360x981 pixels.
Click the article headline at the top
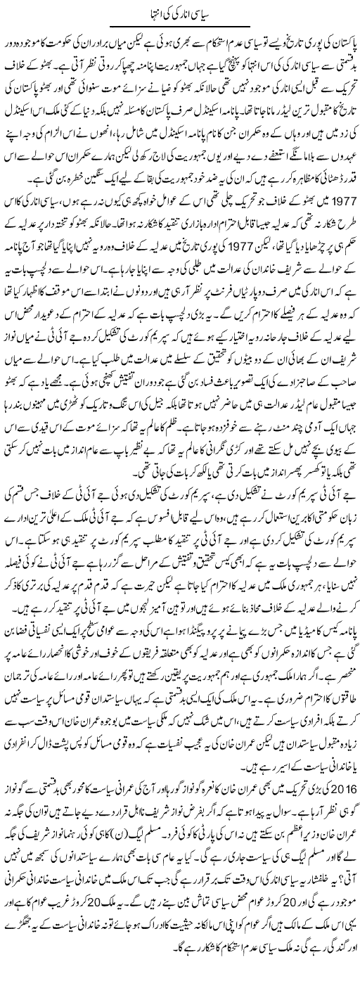pyautogui.click(x=179, y=13)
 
